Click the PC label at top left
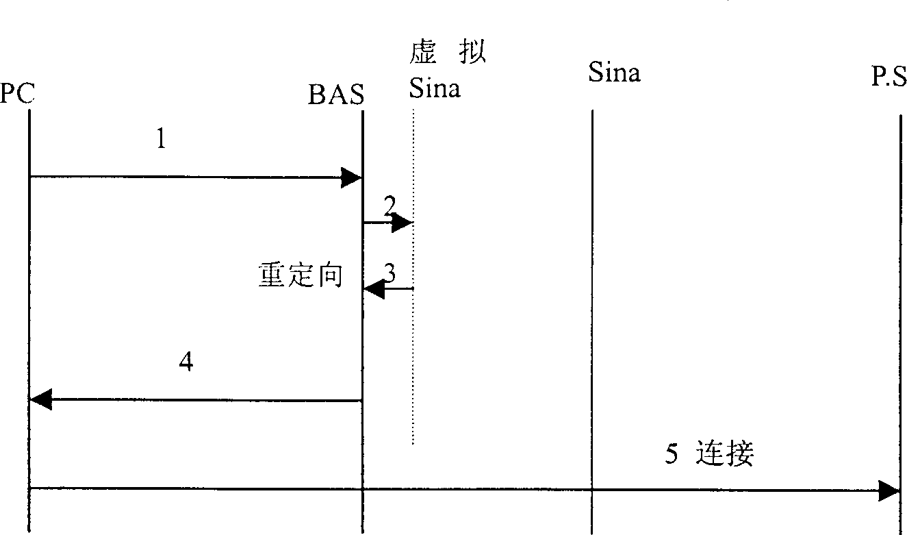[x=17, y=93]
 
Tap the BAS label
[x=336, y=95]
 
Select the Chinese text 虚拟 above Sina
[x=448, y=52]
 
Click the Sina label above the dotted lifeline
[x=435, y=88]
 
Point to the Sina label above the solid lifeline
[x=614, y=72]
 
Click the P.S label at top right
[x=889, y=76]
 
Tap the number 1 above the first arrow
[x=161, y=138]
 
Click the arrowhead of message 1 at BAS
[x=350, y=177]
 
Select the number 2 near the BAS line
[x=389, y=206]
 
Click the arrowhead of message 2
[x=402, y=223]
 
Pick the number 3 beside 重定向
[x=389, y=273]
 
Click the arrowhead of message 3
[x=374, y=289]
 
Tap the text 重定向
[x=301, y=275]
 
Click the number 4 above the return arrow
[x=186, y=362]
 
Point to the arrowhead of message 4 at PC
[x=41, y=399]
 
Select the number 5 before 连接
[x=672, y=453]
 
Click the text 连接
[x=725, y=453]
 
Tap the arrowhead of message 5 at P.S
[x=889, y=490]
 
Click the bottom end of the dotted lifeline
[x=413, y=444]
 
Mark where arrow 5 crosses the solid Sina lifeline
[x=592, y=490]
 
